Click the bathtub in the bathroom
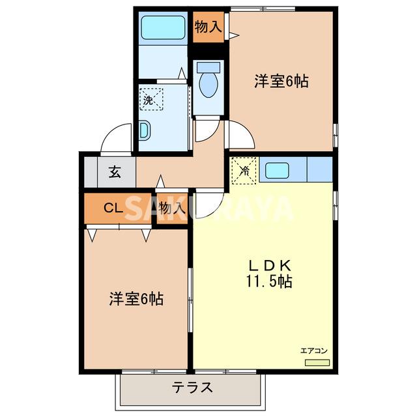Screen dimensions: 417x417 (x=164, y=27)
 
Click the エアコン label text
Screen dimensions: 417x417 (x=313, y=351)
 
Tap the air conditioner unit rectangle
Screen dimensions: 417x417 (x=317, y=362)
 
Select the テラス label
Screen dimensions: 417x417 (x=192, y=387)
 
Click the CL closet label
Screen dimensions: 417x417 (x=112, y=208)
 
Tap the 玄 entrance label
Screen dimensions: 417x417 (x=115, y=173)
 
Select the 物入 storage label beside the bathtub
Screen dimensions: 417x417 (x=208, y=27)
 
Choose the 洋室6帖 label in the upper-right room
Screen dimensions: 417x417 (x=281, y=81)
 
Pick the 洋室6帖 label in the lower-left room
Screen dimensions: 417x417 (x=136, y=299)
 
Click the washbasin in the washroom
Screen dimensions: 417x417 (x=144, y=132)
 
